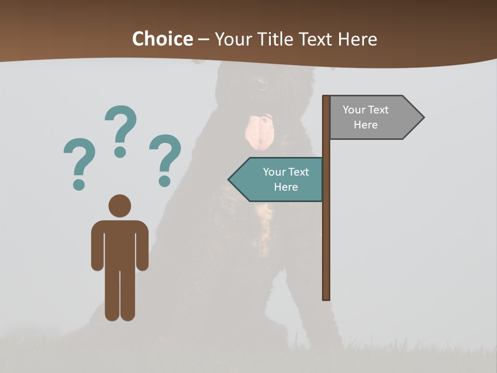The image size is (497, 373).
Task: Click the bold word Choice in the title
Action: coord(162,39)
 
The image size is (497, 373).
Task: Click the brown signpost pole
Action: coord(326,233)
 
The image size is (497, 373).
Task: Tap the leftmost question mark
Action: coord(79,158)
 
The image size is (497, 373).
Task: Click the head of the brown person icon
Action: coord(120,206)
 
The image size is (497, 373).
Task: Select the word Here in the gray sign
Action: coord(366,125)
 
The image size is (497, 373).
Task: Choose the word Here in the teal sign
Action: coord(286,187)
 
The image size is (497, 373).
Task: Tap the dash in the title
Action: coord(203,39)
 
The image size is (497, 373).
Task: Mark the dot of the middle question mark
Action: coord(121,152)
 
